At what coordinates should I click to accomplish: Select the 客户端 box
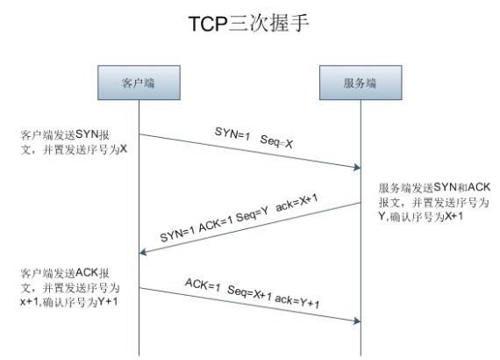(x=139, y=83)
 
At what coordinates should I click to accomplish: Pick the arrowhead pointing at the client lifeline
(x=143, y=253)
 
